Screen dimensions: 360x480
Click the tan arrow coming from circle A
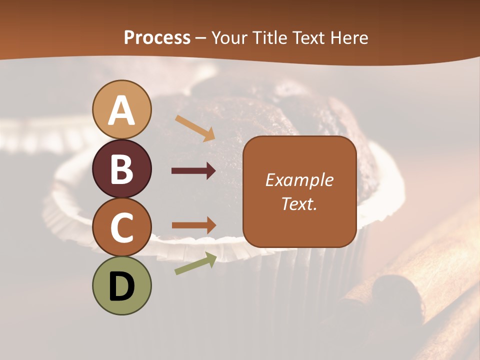(194, 127)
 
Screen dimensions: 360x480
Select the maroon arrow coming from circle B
(193, 171)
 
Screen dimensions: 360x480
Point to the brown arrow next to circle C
(193, 225)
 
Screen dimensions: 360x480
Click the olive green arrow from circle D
(195, 263)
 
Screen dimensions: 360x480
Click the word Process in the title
(157, 37)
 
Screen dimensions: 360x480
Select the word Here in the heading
(349, 37)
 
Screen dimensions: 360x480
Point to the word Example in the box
(299, 180)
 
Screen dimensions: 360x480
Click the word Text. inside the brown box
(299, 203)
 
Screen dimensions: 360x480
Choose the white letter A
(121, 111)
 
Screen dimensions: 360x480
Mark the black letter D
(121, 286)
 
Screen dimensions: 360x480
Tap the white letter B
(121, 169)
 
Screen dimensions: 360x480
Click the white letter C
(121, 227)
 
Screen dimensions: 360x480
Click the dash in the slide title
(201, 38)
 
